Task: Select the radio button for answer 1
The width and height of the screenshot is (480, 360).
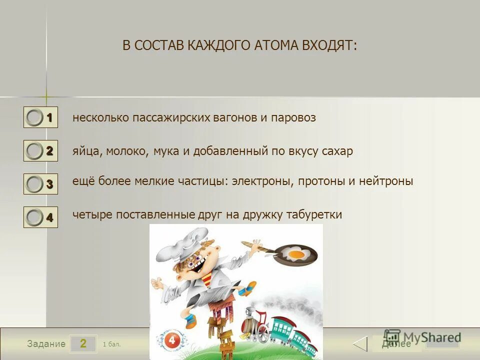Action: (34, 118)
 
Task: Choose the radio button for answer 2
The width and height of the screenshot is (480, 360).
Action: (34, 151)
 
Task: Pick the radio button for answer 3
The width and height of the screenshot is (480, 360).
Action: (34, 184)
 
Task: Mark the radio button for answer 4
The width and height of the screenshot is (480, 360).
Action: (34, 217)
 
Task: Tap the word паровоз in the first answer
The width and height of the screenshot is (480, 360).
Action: (293, 118)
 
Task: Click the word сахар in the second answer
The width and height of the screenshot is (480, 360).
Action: (336, 151)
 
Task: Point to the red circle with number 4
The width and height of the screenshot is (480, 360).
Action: (171, 340)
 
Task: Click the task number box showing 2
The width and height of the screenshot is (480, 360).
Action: (83, 343)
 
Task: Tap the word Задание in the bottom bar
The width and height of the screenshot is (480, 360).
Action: (46, 344)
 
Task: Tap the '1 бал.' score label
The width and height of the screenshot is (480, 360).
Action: (111, 344)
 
